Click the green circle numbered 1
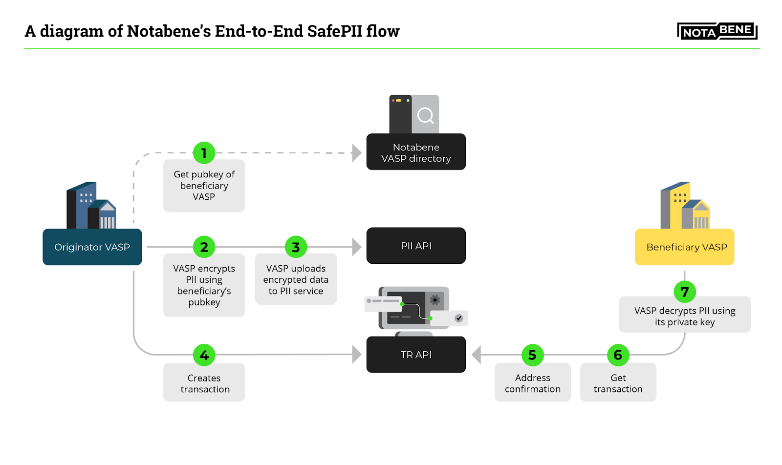(204, 153)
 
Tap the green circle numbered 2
(204, 247)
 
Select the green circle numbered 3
(296, 247)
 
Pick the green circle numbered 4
(204, 355)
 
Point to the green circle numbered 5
(532, 355)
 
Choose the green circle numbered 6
(618, 355)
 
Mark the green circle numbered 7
(684, 292)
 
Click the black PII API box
(416, 246)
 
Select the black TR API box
(416, 355)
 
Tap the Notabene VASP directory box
(416, 152)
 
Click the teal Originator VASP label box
(92, 247)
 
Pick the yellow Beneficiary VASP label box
(684, 247)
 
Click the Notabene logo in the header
(717, 31)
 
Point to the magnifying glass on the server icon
(425, 116)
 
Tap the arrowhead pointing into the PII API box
(357, 247)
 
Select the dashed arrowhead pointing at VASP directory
(357, 153)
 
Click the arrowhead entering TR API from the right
(477, 355)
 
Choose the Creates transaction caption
(204, 383)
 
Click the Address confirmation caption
(532, 383)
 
